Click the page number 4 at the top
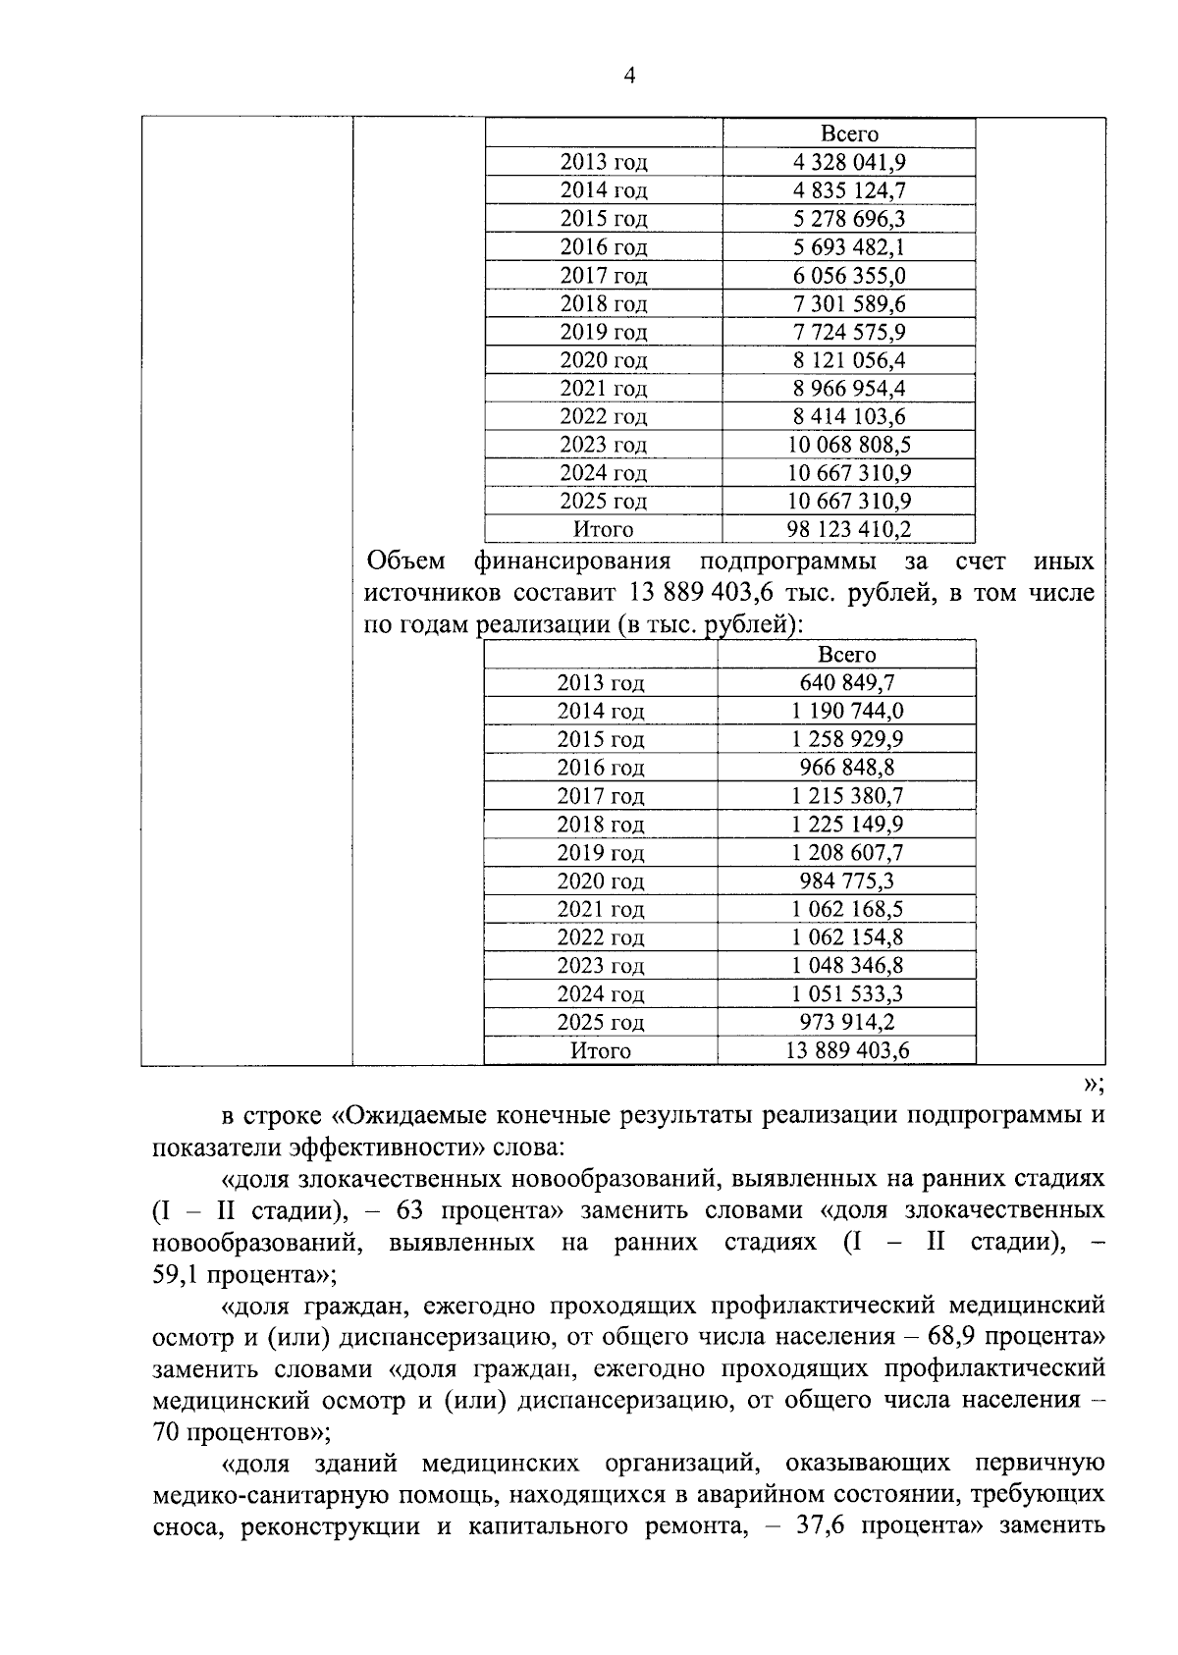click(x=629, y=77)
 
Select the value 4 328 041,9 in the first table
click(x=849, y=162)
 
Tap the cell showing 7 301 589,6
click(x=849, y=303)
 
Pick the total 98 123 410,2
click(x=849, y=530)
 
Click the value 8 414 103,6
click(x=849, y=417)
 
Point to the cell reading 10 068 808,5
click(x=849, y=446)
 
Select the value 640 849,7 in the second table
click(x=847, y=682)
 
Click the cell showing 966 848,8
click(x=847, y=768)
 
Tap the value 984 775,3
click(x=847, y=881)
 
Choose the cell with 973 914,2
click(x=847, y=1022)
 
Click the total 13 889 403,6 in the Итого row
click(x=847, y=1050)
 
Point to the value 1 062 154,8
click(x=847, y=937)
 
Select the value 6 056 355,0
click(x=849, y=275)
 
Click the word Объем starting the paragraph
click(x=404, y=562)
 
